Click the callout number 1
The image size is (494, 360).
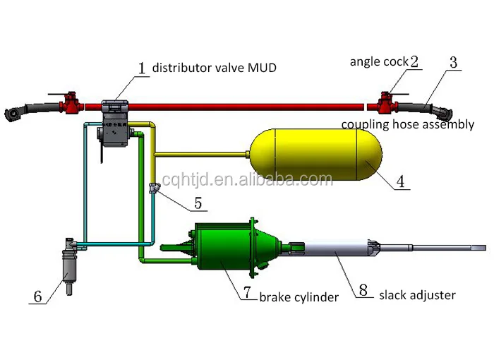[141, 68]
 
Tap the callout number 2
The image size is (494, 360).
[414, 61]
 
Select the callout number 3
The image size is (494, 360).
[453, 63]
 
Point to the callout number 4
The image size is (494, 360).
[400, 181]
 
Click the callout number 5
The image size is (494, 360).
[198, 204]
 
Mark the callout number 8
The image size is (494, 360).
[363, 289]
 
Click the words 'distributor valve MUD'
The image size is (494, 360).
[215, 68]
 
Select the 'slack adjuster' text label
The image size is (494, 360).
[417, 294]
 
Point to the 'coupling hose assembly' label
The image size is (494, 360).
[408, 124]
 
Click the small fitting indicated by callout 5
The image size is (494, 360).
[154, 188]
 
